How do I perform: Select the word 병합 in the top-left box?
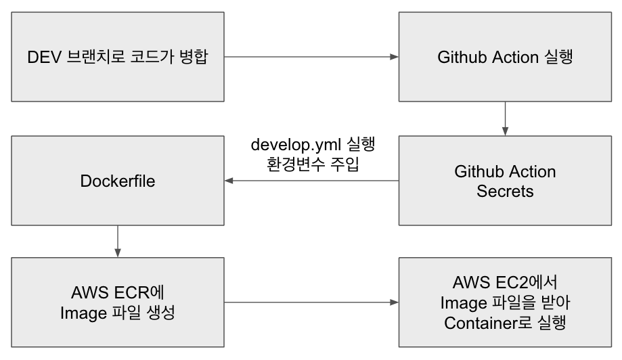(x=191, y=57)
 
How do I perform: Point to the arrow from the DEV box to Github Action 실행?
(x=311, y=57)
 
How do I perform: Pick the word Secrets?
(x=505, y=192)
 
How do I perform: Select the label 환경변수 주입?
(x=313, y=164)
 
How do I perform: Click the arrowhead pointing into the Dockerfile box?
(x=229, y=181)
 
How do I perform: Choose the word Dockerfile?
(x=118, y=181)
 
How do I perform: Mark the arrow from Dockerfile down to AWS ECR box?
(x=118, y=241)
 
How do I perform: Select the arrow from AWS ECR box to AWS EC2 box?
(x=311, y=302)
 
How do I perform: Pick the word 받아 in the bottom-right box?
(x=555, y=302)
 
